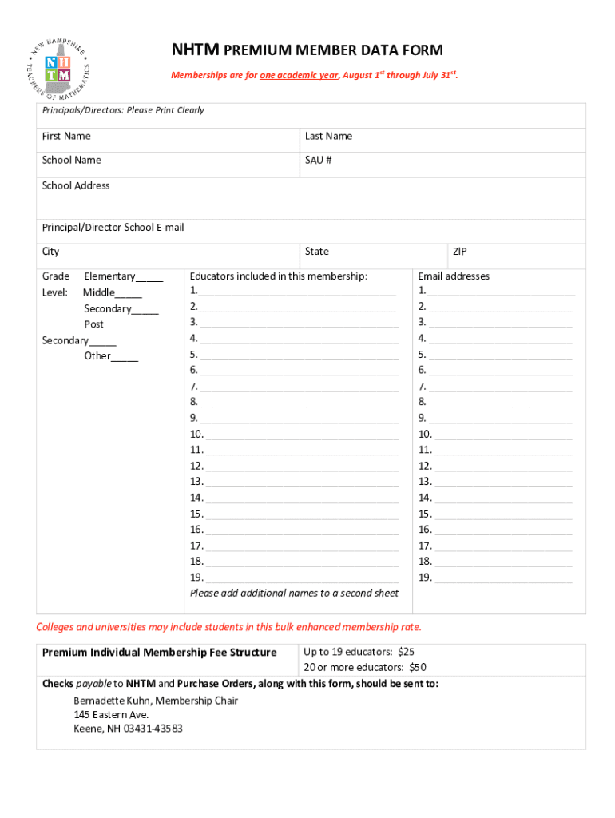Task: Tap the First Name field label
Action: tap(66, 137)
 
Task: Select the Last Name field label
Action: tap(328, 137)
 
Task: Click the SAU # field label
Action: tap(318, 161)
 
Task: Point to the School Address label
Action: tap(76, 186)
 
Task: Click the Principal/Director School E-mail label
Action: tap(113, 228)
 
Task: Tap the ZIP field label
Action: tap(460, 252)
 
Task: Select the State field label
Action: tap(316, 252)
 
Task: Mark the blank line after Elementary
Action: tap(149, 278)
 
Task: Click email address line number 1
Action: tap(500, 292)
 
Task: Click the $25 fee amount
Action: tap(407, 652)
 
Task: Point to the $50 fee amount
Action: tap(418, 668)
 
